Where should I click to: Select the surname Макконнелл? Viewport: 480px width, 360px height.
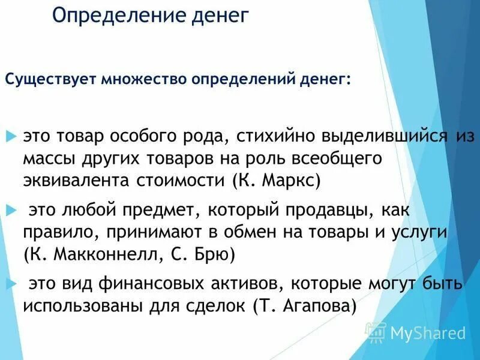(x=105, y=254)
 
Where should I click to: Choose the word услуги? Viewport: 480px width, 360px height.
(x=420, y=232)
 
